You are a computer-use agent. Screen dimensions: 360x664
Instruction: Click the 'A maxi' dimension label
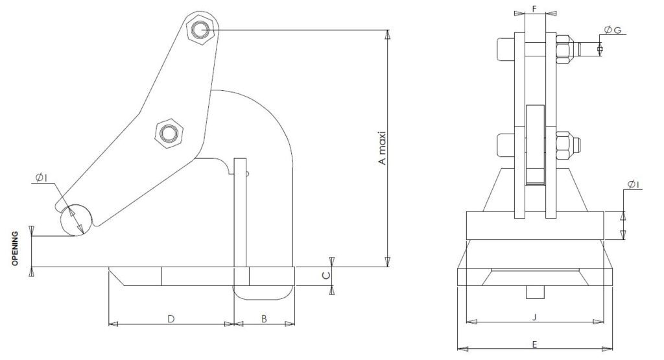pyautogui.click(x=383, y=149)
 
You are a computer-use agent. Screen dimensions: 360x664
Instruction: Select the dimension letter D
pyautogui.click(x=171, y=318)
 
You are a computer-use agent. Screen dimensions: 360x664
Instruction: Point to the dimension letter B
pyautogui.click(x=264, y=318)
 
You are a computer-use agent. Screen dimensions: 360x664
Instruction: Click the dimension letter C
pyautogui.click(x=327, y=275)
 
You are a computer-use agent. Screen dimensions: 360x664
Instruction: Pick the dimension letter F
pyautogui.click(x=534, y=8)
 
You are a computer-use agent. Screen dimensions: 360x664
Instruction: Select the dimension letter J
pyautogui.click(x=534, y=317)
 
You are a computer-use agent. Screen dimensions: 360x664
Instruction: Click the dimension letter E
pyautogui.click(x=534, y=344)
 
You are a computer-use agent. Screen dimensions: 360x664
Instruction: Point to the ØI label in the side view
pyautogui.click(x=41, y=179)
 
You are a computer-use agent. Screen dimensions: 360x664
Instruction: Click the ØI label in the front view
pyautogui.click(x=634, y=186)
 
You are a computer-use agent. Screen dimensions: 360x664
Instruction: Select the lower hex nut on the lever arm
pyautogui.click(x=169, y=133)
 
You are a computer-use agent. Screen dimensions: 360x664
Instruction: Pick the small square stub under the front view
pyautogui.click(x=534, y=293)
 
